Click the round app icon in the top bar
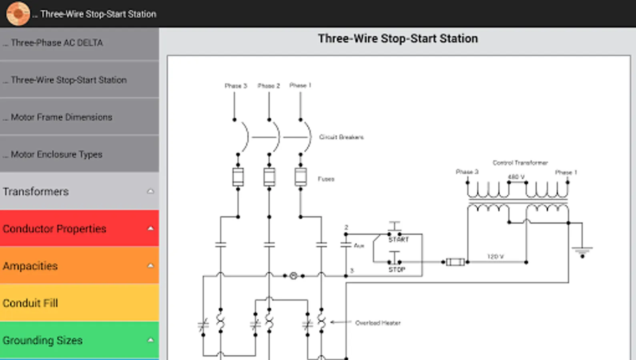(x=18, y=14)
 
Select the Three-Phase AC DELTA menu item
(x=57, y=43)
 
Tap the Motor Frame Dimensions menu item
(x=61, y=117)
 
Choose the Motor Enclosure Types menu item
(x=56, y=154)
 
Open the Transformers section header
(x=79, y=192)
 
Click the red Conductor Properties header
(x=79, y=229)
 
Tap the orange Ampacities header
(x=79, y=266)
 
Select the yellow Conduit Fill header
(x=79, y=303)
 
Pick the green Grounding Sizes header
(x=79, y=340)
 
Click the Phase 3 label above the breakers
(x=236, y=86)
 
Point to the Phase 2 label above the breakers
(x=269, y=86)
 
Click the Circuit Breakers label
(x=341, y=137)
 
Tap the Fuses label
(x=326, y=179)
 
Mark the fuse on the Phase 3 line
(x=238, y=177)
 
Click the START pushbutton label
(x=399, y=240)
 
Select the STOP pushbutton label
(x=397, y=270)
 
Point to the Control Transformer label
(x=520, y=163)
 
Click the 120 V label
(x=496, y=256)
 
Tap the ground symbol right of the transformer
(x=582, y=251)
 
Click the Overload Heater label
(x=378, y=323)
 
